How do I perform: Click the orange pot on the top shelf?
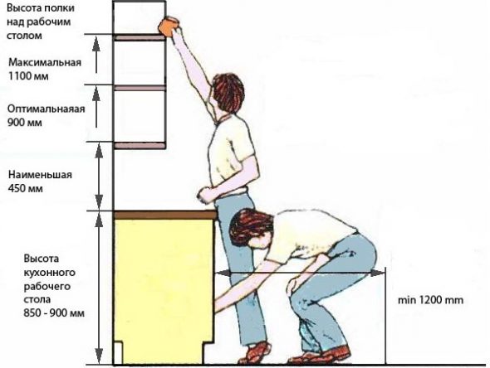(x=169, y=26)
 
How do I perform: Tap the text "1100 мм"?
(x=28, y=76)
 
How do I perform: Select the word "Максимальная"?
(x=45, y=62)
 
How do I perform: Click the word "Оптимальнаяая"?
(x=46, y=109)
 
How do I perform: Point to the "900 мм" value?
(x=25, y=123)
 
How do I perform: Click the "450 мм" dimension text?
(x=25, y=189)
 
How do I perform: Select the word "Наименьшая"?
(x=40, y=175)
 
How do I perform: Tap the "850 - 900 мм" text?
(x=54, y=312)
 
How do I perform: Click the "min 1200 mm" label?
(x=430, y=300)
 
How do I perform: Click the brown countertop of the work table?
(x=165, y=215)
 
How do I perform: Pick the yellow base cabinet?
(x=164, y=291)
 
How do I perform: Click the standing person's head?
(x=228, y=92)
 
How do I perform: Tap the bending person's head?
(x=251, y=228)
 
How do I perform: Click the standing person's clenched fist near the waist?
(x=205, y=196)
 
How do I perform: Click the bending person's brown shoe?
(x=322, y=356)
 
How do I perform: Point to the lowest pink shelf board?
(x=140, y=146)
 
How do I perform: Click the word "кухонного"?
(x=50, y=273)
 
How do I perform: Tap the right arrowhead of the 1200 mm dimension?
(x=379, y=273)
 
